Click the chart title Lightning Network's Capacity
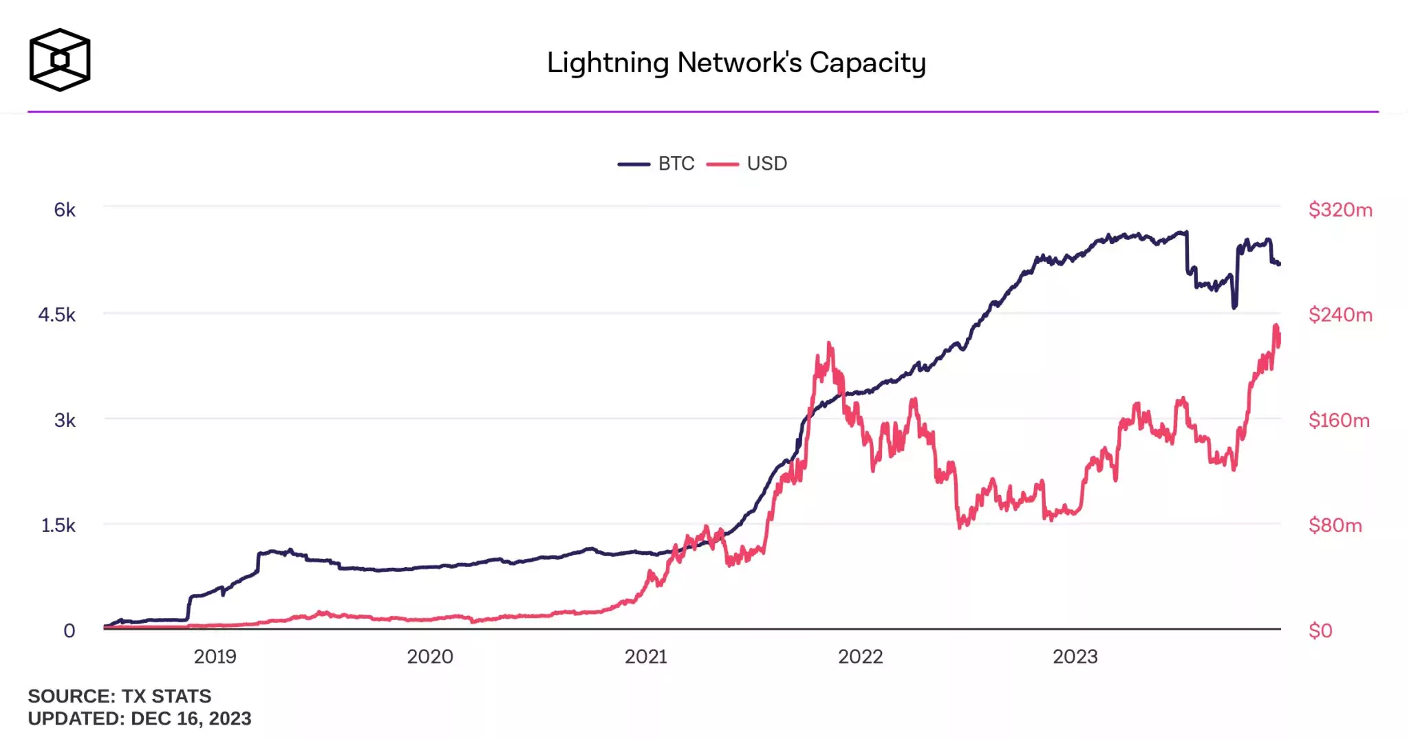click(x=736, y=63)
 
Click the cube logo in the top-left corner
click(x=60, y=60)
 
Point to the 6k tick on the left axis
click(x=65, y=210)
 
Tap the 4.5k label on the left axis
click(x=57, y=315)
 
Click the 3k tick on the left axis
click(x=65, y=420)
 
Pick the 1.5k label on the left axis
click(x=58, y=525)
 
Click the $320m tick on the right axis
click(x=1340, y=210)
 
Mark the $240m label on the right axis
click(x=1340, y=315)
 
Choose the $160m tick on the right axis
click(x=1339, y=420)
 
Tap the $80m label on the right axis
click(x=1335, y=525)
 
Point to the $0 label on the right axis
click(x=1320, y=630)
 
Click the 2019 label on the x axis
click(x=215, y=657)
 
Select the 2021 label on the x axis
click(x=645, y=657)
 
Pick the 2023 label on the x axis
click(x=1075, y=657)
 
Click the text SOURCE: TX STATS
click(x=120, y=696)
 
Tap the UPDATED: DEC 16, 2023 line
click(x=140, y=718)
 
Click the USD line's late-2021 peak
click(x=830, y=343)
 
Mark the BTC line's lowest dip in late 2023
click(x=1234, y=307)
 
